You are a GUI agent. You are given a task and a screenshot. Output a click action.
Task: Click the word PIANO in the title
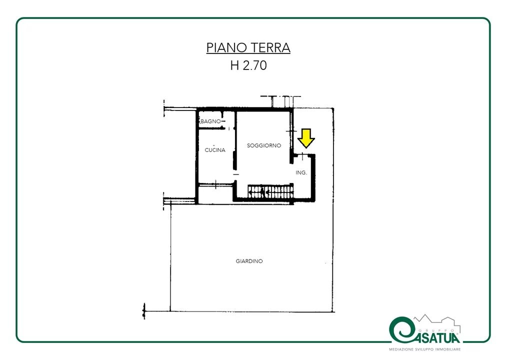pos(225,47)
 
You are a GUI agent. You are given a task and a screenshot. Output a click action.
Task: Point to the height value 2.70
pos(254,65)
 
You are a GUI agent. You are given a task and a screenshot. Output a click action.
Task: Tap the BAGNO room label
pos(210,121)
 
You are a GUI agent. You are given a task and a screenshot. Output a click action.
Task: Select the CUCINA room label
pos(215,150)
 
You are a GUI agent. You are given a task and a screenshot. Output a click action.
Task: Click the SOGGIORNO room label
pos(264,145)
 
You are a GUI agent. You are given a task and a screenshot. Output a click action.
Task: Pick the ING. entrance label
pos(301,172)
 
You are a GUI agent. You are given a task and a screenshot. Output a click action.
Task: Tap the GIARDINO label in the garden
pos(249,261)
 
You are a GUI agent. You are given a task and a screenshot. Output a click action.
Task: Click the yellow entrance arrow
pos(306,138)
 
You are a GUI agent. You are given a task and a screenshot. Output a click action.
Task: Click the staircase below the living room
pos(270,191)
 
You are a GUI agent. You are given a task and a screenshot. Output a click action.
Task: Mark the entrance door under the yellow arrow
pos(303,155)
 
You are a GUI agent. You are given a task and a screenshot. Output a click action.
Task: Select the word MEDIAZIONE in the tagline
pos(401,349)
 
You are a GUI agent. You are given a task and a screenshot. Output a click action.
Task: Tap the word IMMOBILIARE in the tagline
pos(449,349)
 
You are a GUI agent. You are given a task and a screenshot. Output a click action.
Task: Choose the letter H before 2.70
pos(234,65)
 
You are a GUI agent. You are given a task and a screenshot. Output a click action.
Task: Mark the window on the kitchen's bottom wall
pos(216,184)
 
